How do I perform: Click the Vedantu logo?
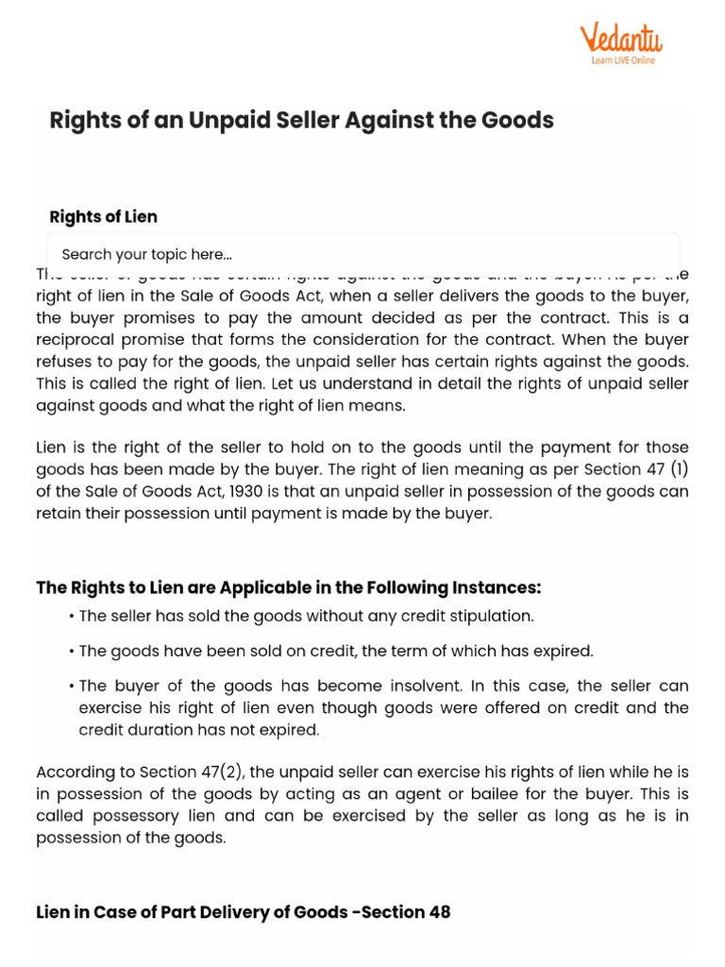tap(621, 40)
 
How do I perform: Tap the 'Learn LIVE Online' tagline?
tap(622, 60)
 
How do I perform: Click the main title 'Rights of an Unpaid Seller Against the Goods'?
tap(301, 120)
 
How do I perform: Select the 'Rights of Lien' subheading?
tap(104, 216)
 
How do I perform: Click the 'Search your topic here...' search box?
tap(363, 254)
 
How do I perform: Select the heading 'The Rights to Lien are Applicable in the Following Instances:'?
tap(289, 587)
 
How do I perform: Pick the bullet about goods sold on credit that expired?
tap(336, 651)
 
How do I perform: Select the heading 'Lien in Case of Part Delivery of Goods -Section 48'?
tap(244, 911)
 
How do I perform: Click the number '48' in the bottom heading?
tap(439, 911)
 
